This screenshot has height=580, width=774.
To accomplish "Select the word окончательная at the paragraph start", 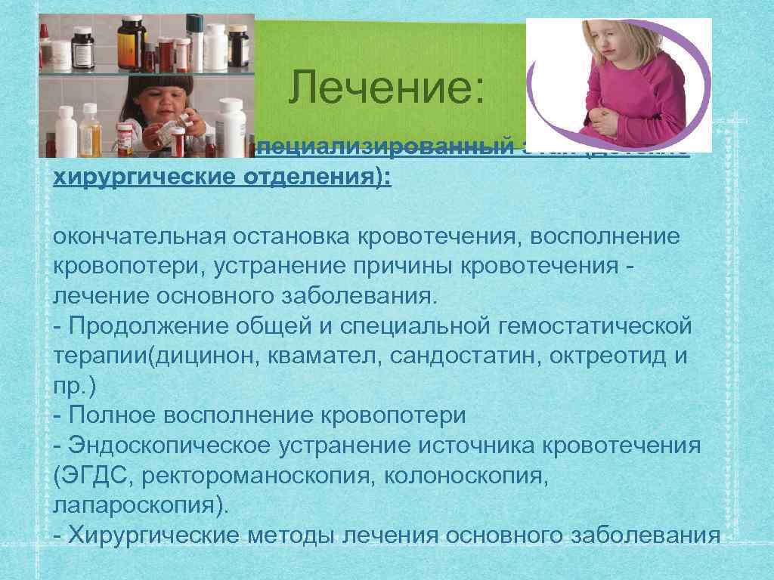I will pyautogui.click(x=135, y=237).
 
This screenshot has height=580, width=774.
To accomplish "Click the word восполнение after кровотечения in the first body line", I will pyautogui.click(x=605, y=237).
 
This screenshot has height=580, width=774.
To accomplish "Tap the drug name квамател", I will pyautogui.click(x=326, y=356).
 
